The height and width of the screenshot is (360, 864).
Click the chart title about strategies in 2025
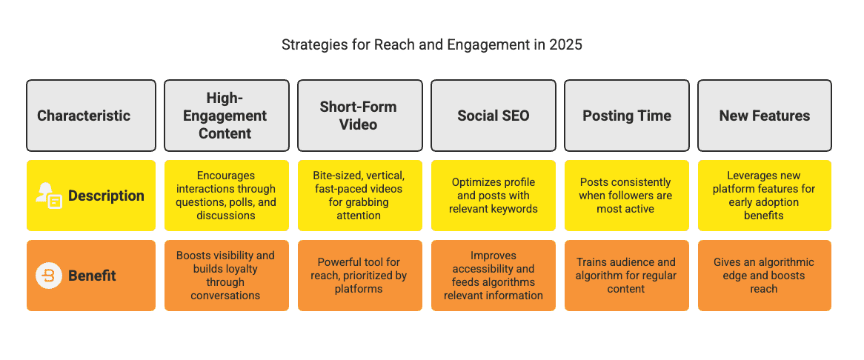tap(431, 45)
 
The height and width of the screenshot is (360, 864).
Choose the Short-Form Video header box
tap(359, 116)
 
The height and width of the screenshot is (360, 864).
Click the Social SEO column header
tap(494, 116)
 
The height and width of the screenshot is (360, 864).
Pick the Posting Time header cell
tap(627, 116)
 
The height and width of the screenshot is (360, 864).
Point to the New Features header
tap(764, 116)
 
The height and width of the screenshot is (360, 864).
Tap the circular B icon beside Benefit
tap(49, 276)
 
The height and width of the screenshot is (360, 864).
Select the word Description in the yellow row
tap(106, 196)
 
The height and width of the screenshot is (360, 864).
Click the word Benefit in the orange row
tap(93, 276)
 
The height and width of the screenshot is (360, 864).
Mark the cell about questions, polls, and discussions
tap(225, 196)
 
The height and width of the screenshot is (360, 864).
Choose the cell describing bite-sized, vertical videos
tap(359, 196)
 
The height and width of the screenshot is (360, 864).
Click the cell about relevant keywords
tap(494, 196)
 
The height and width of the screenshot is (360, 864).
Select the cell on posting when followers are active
tap(627, 196)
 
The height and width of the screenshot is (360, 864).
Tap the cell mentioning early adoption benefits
tap(764, 196)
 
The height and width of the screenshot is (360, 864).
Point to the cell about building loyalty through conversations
tap(225, 276)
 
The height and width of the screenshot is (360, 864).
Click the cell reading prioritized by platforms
tap(359, 276)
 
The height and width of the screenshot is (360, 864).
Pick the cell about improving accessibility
tap(494, 276)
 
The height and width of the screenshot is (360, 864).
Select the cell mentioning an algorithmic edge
tap(764, 276)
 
